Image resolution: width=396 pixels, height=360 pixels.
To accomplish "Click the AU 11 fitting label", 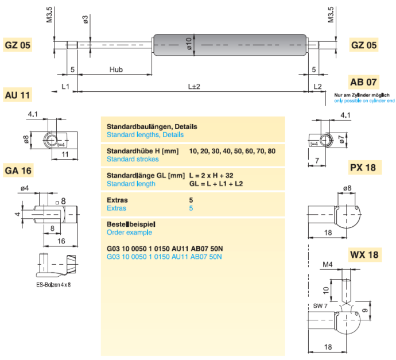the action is (17, 95).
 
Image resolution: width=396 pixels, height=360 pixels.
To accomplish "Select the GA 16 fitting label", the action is (18, 171).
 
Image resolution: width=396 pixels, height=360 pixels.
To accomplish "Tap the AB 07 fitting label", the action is (363, 82).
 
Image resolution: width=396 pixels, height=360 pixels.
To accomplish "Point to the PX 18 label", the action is (363, 168).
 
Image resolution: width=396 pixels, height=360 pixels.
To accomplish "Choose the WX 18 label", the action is (364, 255).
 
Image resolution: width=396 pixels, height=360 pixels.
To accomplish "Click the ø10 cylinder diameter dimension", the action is (189, 44).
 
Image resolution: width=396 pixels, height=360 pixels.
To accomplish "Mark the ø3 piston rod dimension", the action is (86, 20).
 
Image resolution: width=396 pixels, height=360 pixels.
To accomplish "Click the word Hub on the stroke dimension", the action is (116, 69).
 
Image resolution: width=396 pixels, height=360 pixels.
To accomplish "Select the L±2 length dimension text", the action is (194, 87).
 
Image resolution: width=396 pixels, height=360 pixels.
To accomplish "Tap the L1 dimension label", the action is (65, 87).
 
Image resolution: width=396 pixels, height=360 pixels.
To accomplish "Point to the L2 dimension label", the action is (317, 87).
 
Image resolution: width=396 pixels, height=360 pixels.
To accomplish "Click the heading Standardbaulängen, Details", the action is (152, 126).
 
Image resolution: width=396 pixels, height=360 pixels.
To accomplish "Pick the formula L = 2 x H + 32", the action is (211, 176).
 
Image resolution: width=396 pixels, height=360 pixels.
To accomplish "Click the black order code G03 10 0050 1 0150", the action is (138, 249).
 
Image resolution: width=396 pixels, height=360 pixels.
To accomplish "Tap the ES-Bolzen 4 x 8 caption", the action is (53, 285).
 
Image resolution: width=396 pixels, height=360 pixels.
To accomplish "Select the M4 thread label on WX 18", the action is (328, 265).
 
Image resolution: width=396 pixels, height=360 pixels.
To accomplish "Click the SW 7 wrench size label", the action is (320, 306).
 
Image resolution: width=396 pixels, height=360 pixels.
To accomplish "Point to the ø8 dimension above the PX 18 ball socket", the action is (347, 188).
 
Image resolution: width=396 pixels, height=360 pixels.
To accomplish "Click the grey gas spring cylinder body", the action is (230, 45).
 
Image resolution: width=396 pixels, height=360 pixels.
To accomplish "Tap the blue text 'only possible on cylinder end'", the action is (364, 100).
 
